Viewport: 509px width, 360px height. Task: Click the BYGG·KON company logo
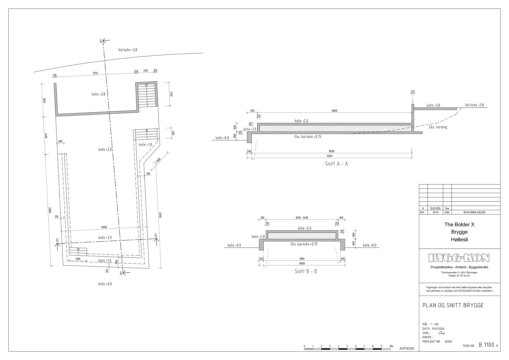459,258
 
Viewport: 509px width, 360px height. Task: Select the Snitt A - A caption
336,164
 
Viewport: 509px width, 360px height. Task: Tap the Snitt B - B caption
306,271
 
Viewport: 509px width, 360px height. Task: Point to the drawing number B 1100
486,345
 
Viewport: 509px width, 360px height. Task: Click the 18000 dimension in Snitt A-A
334,111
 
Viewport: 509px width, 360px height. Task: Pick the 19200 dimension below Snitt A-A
329,156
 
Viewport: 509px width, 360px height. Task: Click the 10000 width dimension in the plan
104,227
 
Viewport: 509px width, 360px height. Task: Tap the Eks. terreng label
438,127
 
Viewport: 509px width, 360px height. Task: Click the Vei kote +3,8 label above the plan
128,50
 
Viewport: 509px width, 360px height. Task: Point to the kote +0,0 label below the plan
105,284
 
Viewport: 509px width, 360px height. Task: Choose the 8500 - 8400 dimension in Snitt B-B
302,218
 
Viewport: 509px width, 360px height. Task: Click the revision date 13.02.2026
435,208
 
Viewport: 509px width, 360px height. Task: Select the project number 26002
448,341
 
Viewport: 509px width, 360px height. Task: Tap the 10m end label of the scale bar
391,346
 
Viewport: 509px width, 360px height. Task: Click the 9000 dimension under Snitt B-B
302,258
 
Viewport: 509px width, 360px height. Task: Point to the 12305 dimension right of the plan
160,215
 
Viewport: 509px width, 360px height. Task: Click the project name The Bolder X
459,224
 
